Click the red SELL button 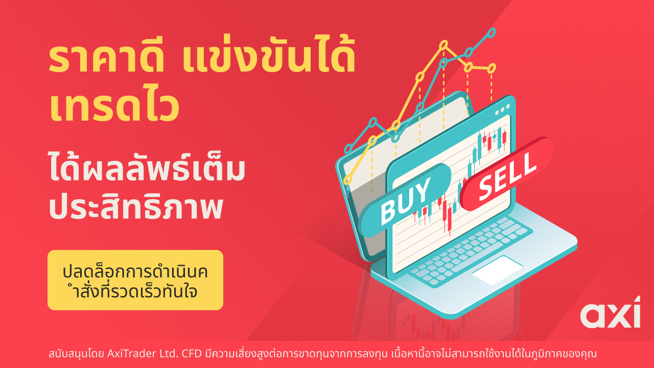tap(507, 174)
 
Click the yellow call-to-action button tap(135, 280)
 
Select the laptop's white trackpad tap(497, 270)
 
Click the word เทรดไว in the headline tap(114, 107)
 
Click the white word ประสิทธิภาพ tap(136, 208)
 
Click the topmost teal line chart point tap(492, 32)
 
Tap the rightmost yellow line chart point tap(492, 67)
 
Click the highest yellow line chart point tap(444, 44)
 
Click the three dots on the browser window tap(502, 109)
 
